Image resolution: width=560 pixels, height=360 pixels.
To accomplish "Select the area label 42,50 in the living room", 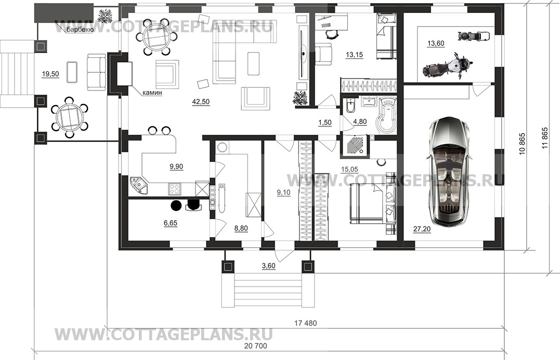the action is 201,102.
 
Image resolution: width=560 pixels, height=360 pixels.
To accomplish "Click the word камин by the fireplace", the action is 152,93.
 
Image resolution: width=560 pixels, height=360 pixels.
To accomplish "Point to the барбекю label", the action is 80,30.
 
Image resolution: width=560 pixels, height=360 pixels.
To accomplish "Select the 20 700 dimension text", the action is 255,346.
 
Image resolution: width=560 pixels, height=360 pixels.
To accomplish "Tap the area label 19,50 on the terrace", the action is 50,74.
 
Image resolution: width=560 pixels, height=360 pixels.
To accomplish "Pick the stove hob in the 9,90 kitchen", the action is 175,188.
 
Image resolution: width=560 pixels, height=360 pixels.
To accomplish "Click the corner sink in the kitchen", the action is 139,185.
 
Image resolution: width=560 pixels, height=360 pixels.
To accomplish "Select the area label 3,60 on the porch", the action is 269,266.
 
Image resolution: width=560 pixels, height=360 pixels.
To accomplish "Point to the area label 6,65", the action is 171,223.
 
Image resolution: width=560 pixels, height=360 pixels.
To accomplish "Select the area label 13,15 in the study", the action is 354,55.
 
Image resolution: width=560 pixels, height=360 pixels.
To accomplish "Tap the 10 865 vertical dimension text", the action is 523,144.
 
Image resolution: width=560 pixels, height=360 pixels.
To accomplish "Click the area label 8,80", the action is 241,228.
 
